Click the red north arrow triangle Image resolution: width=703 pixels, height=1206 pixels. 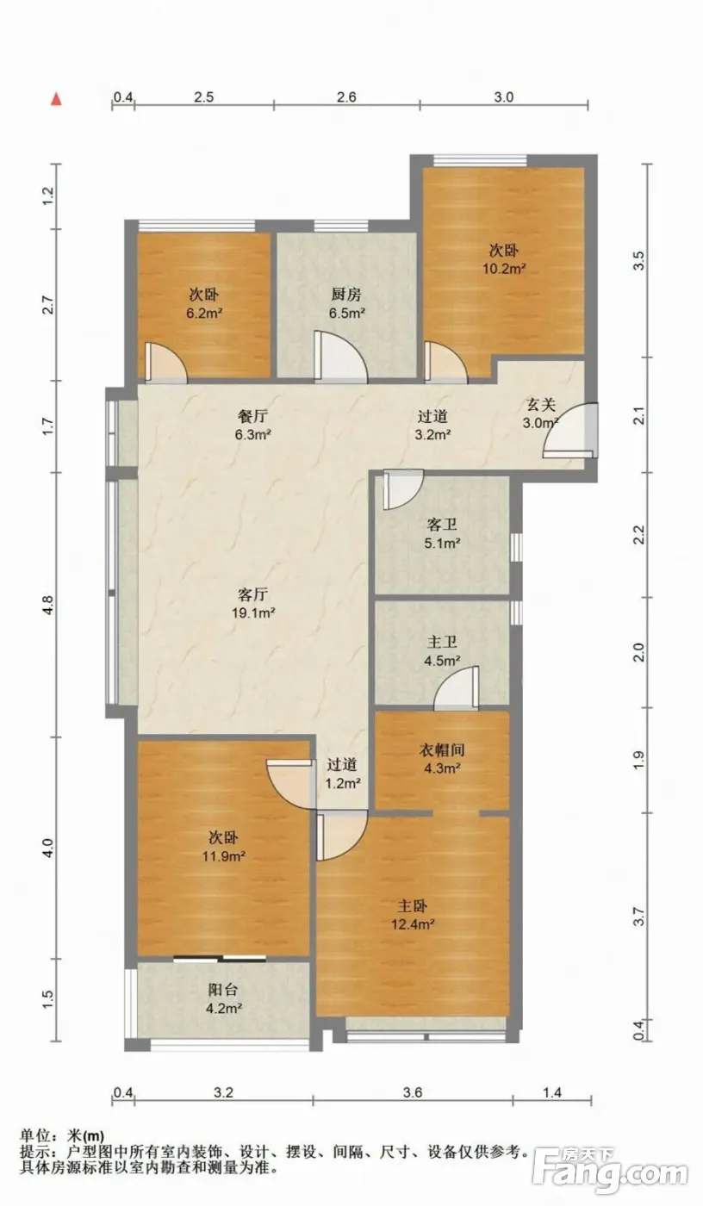point(56,99)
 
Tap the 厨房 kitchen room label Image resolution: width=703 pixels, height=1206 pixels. point(346,295)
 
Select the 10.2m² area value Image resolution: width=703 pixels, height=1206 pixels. point(504,269)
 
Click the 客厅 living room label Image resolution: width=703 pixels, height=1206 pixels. point(252,594)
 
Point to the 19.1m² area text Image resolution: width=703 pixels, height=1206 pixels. point(253,612)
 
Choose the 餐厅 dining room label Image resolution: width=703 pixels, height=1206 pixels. point(252,416)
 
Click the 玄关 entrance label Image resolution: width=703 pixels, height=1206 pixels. point(540,404)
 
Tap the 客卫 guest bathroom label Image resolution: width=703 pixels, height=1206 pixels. point(441,524)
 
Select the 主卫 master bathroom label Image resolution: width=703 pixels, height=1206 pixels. point(442,642)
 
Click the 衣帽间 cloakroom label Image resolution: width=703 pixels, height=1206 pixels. point(442,750)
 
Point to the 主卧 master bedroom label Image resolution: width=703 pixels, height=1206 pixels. point(413,906)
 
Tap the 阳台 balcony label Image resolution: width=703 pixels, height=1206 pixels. point(223,990)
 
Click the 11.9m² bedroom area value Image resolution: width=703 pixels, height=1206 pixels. point(224,855)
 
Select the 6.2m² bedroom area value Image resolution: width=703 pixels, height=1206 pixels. point(204,314)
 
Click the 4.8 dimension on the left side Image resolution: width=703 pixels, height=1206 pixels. point(48,605)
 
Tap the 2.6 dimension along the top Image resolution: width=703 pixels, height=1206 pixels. point(346,96)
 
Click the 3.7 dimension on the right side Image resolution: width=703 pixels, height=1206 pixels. point(638,916)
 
